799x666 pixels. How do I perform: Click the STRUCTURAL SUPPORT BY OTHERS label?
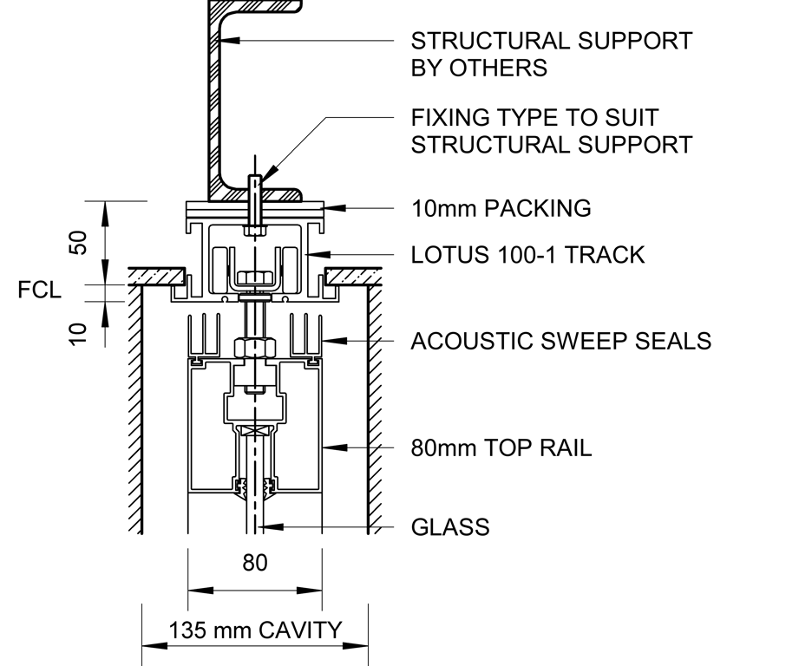551,54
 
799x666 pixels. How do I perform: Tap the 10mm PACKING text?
501,208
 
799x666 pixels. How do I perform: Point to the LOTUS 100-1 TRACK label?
527,255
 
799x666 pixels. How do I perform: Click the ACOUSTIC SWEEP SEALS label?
560,341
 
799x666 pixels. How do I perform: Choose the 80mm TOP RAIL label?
501,448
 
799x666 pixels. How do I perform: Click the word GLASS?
449,526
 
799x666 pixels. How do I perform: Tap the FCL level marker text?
39,290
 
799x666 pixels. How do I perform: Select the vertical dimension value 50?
79,243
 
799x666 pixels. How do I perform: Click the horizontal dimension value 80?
254,563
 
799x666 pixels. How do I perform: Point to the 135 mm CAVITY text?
255,630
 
